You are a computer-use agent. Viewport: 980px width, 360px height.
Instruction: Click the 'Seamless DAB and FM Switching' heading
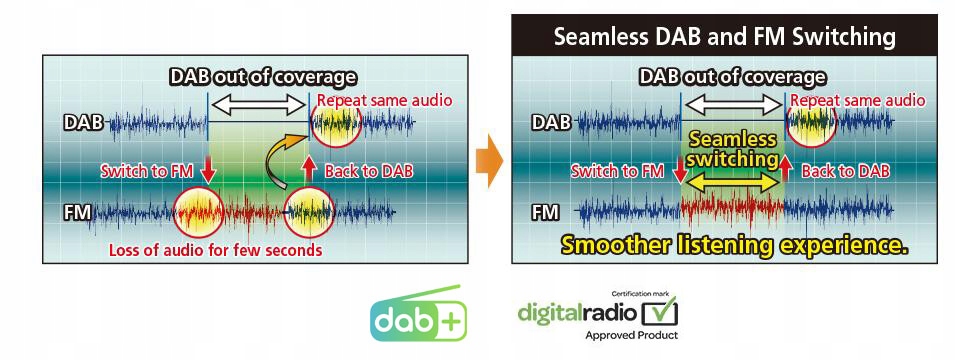(725, 36)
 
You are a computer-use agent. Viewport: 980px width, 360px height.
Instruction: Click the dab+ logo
(418, 313)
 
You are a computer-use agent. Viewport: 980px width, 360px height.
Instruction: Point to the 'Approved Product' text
(631, 335)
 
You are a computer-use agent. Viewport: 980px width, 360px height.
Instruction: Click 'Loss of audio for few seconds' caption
(216, 251)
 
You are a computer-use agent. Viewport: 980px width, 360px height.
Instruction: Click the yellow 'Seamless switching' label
(732, 149)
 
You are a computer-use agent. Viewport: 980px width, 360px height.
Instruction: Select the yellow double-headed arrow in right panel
(732, 183)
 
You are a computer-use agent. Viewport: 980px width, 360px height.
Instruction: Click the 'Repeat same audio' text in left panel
(384, 100)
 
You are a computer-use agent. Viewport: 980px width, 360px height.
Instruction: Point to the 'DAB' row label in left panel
(82, 122)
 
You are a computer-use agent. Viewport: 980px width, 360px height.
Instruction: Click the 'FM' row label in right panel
(545, 213)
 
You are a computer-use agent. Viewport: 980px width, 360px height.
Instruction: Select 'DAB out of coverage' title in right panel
(732, 78)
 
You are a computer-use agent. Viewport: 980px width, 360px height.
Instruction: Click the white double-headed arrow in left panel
(258, 105)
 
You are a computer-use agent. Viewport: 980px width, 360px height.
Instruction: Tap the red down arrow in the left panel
(208, 170)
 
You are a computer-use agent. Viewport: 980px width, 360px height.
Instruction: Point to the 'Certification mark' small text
(644, 292)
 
